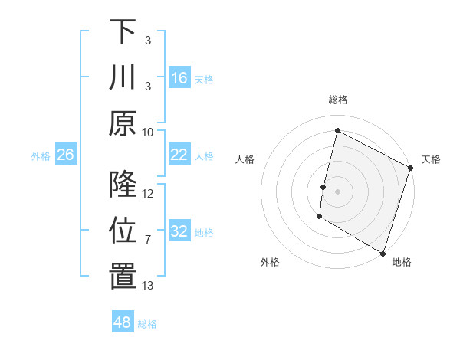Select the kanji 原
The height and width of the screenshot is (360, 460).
click(x=123, y=123)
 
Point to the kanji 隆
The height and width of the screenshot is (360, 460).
click(x=123, y=185)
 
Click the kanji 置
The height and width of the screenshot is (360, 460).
click(x=123, y=277)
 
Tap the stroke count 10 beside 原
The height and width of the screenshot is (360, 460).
click(x=148, y=132)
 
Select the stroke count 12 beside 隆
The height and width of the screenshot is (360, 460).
click(x=148, y=194)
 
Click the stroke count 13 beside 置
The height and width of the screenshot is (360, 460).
click(x=148, y=286)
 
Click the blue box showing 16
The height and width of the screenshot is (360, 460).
click(x=179, y=78)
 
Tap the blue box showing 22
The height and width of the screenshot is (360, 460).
click(x=179, y=155)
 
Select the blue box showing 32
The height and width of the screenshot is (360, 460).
click(x=179, y=232)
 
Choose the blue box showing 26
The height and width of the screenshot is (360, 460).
click(x=65, y=155)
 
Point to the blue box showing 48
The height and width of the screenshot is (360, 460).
click(x=122, y=322)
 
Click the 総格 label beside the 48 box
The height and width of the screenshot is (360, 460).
click(x=147, y=324)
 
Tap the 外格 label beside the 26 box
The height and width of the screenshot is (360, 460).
click(x=41, y=156)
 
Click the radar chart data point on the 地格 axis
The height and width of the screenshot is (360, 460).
click(x=382, y=253)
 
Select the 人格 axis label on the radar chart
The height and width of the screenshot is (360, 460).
click(x=245, y=159)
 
